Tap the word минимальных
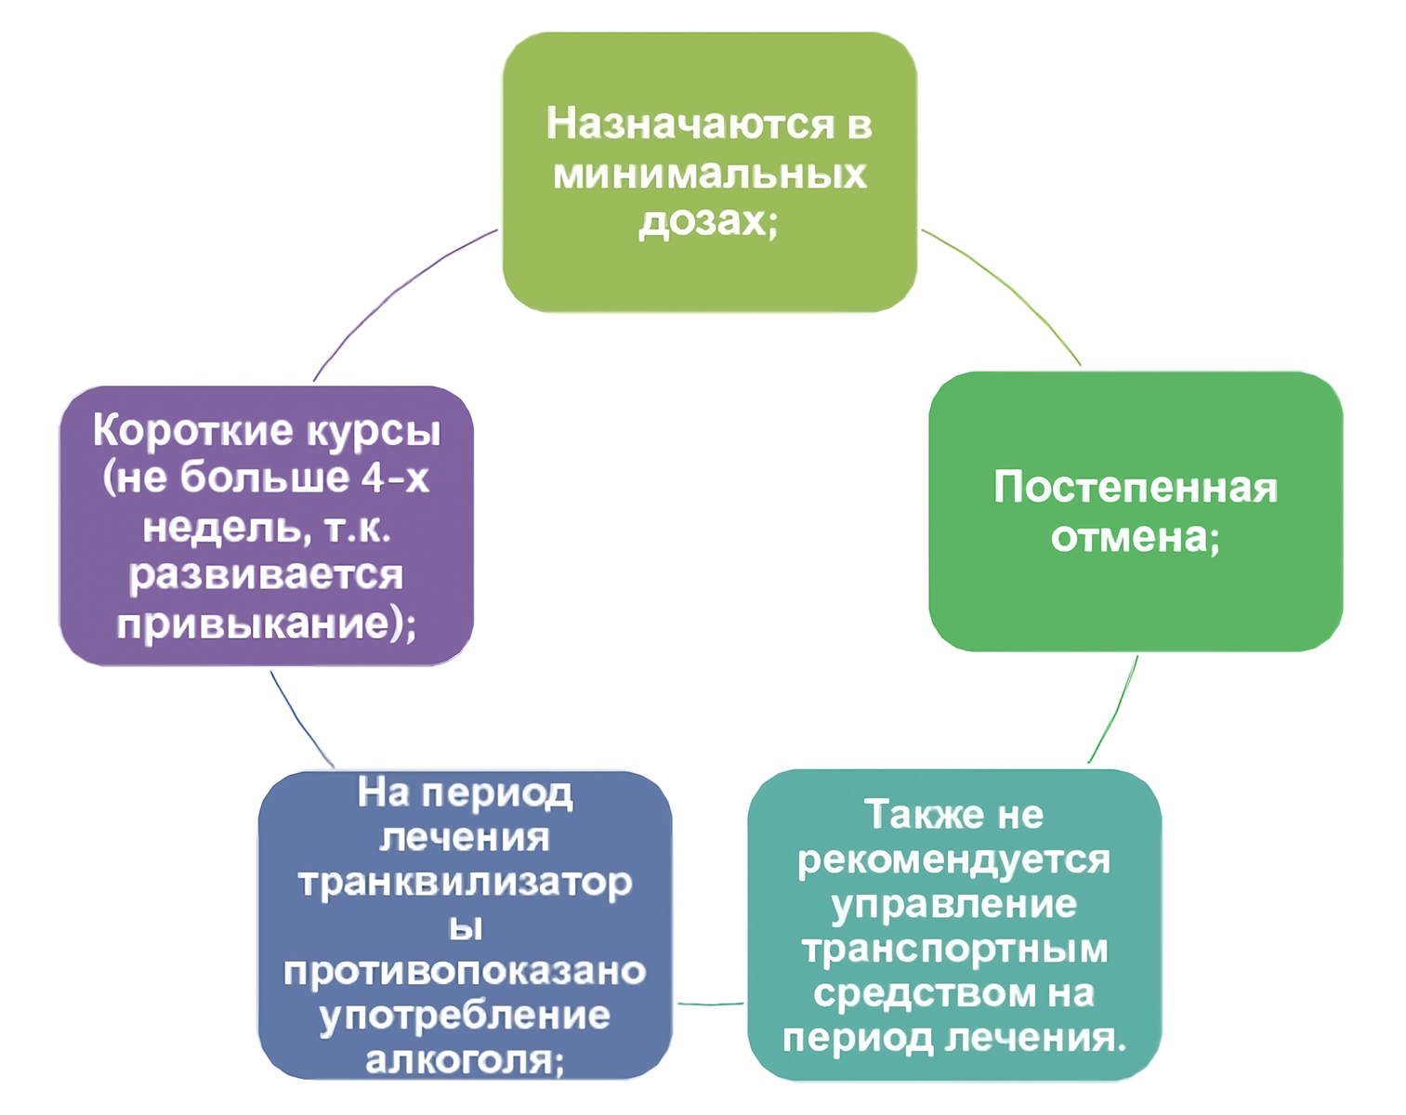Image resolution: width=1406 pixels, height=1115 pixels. coord(710,175)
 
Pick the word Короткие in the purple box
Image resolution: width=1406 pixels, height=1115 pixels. coord(192,430)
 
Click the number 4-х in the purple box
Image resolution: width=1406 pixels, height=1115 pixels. coord(395,479)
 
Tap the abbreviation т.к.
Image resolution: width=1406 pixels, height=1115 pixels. coord(357,528)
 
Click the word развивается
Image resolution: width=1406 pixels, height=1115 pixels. coord(266,575)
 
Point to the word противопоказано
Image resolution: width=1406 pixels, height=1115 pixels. coord(465,971)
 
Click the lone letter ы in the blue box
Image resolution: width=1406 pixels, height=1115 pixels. coord(466,927)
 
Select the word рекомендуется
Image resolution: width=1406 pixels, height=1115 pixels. coord(953,860)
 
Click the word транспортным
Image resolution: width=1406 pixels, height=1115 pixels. coord(955,950)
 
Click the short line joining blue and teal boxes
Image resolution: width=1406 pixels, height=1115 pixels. coord(710,1003)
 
